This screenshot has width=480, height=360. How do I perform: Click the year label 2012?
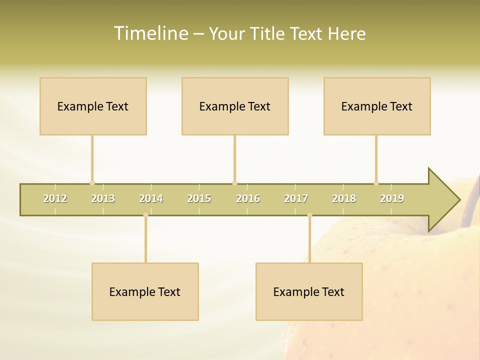(x=55, y=198)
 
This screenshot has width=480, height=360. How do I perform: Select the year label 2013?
(x=103, y=198)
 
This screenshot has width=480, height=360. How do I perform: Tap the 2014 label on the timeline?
(x=151, y=198)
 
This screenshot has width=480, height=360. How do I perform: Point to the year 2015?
(x=199, y=198)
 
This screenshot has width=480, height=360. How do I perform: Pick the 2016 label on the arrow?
(x=248, y=198)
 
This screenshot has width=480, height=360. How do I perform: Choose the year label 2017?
(x=296, y=198)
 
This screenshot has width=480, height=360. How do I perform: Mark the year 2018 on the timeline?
(x=344, y=198)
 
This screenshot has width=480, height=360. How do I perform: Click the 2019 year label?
(x=392, y=198)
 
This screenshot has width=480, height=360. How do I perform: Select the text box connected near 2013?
(x=93, y=106)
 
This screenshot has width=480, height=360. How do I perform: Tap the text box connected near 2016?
(x=235, y=106)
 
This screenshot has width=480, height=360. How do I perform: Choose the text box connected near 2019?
(x=377, y=106)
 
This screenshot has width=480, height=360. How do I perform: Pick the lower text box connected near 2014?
(x=145, y=291)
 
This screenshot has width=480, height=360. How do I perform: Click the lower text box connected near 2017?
(x=309, y=291)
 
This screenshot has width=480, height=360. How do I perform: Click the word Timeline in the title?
(x=150, y=33)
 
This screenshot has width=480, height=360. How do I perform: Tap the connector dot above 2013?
(x=92, y=183)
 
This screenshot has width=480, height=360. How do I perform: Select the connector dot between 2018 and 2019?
(x=376, y=183)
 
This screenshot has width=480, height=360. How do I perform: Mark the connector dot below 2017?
(x=309, y=215)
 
